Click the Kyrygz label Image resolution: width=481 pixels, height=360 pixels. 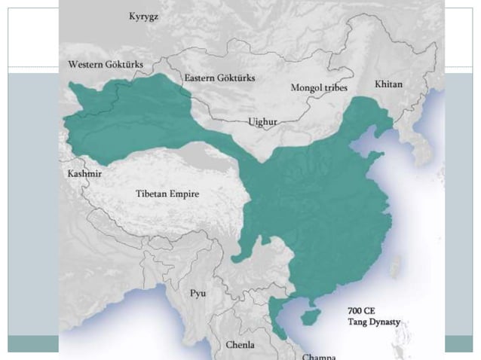[144, 16]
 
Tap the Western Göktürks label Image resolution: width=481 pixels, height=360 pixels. [102, 65]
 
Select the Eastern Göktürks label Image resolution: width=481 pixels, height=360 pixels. [219, 78]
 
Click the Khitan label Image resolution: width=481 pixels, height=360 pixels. [388, 84]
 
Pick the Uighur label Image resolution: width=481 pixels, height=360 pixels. [262, 121]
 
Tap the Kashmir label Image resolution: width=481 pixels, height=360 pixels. [79, 173]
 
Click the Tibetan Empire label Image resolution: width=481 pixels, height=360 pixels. [167, 194]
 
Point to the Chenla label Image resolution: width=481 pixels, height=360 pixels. [240, 344]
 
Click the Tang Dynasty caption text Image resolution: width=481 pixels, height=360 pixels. [373, 322]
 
